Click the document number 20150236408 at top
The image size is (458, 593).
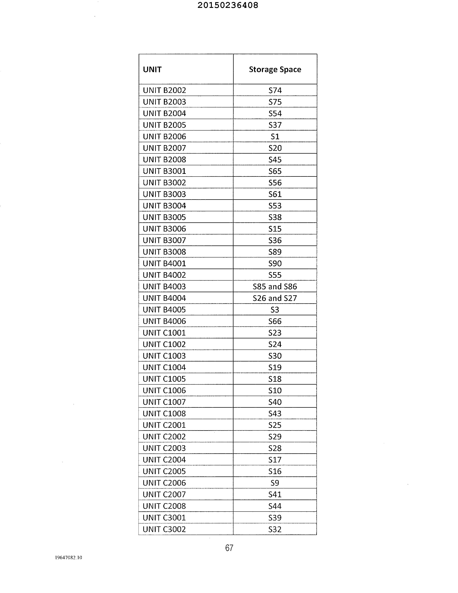[228, 5]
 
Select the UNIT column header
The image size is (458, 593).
[152, 69]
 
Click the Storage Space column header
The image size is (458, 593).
[275, 69]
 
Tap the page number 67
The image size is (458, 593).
[229, 548]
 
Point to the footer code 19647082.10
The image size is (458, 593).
[68, 557]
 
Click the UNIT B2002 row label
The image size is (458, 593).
[164, 90]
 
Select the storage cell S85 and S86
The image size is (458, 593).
[275, 286]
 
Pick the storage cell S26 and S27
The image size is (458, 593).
[275, 298]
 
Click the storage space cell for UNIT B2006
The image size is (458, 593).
[275, 136]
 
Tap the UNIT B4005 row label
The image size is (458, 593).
[164, 310]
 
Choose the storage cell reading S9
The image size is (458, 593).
[275, 483]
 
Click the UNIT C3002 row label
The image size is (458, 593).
[164, 529]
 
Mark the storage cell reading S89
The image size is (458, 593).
[275, 252]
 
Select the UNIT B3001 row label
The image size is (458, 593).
[164, 171]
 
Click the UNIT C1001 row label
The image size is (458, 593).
[164, 333]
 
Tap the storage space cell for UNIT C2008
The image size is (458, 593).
[275, 506]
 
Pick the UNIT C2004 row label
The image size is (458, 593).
[164, 460]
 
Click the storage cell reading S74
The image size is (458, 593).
[275, 90]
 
